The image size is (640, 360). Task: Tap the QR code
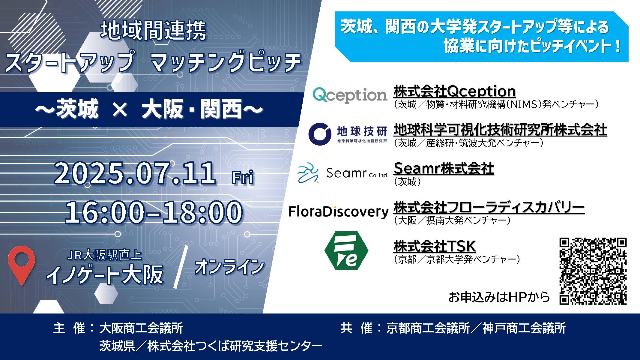(x=593, y=271)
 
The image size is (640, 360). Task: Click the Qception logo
(x=350, y=95)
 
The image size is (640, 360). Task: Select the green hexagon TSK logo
(x=346, y=250)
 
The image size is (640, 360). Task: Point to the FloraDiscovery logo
(x=338, y=212)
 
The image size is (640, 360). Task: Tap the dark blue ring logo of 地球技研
(x=320, y=134)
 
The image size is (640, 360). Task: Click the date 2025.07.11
(x=135, y=173)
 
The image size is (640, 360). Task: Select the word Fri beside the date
(x=243, y=177)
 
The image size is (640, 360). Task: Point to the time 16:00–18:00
(x=154, y=212)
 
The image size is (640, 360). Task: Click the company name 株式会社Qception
(x=455, y=91)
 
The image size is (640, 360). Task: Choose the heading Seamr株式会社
(x=444, y=168)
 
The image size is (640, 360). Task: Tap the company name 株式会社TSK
(x=435, y=246)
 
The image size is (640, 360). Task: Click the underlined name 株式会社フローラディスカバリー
(x=489, y=207)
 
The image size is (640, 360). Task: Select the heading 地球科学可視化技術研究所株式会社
(x=500, y=130)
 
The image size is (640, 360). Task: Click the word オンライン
(x=230, y=267)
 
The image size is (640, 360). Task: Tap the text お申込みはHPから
(x=499, y=297)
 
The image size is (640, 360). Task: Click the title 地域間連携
(x=153, y=30)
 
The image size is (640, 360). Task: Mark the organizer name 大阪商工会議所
(x=141, y=328)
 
